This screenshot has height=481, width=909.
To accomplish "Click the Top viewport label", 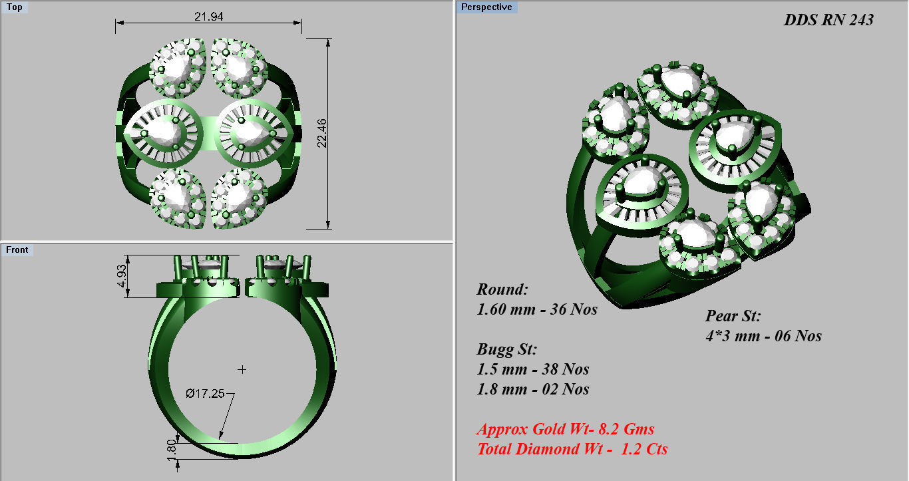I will (14, 7).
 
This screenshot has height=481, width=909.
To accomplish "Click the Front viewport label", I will (17, 249).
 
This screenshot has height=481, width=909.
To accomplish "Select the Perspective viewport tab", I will (487, 7).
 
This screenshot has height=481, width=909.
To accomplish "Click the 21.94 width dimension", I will (208, 17).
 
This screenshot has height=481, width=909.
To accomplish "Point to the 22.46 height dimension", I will (321, 133).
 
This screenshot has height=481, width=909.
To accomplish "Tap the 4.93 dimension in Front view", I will (121, 276).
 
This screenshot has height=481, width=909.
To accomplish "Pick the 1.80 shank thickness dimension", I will (172, 449).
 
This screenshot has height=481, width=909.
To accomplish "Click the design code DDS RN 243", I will (828, 20).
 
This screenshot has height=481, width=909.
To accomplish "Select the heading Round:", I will (502, 289).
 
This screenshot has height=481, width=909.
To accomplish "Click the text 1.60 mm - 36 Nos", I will (536, 309).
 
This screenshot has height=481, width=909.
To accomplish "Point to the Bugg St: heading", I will (506, 349).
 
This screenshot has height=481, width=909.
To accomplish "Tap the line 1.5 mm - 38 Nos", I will (532, 369).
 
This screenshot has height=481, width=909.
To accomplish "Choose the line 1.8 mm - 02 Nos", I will (532, 389).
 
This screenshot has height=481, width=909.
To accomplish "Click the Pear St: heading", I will (733, 316).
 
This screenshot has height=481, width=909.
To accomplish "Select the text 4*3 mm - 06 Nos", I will (763, 336).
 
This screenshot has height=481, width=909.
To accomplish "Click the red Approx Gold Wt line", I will (565, 429).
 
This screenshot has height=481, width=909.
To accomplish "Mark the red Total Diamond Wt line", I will (572, 449).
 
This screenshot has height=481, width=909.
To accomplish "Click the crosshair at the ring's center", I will (242, 369).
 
